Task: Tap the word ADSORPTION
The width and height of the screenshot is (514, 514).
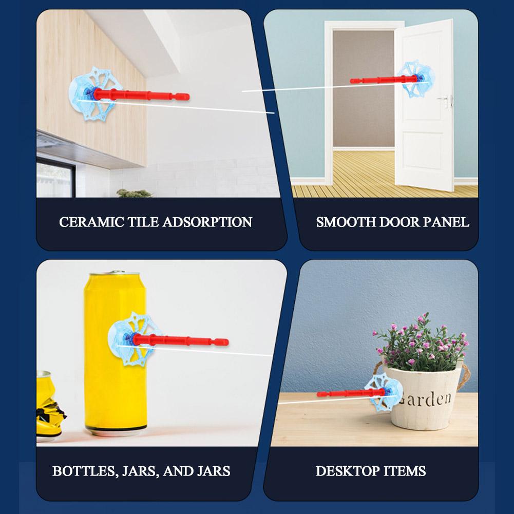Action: [207, 222]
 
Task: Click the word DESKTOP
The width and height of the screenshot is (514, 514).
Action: [348, 471]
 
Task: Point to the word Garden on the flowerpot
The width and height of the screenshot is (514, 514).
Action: [426, 398]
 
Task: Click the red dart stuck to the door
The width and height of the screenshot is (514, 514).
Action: [384, 80]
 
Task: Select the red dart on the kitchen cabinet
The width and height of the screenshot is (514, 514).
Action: [142, 94]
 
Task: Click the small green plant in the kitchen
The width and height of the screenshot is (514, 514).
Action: [134, 193]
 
